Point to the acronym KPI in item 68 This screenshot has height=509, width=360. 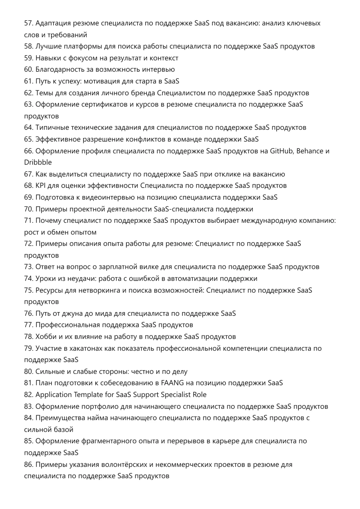click(40, 186)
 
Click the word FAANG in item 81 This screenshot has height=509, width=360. click(172, 383)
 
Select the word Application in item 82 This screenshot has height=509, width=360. click(53, 395)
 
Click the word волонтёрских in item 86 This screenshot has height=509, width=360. click(124, 465)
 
